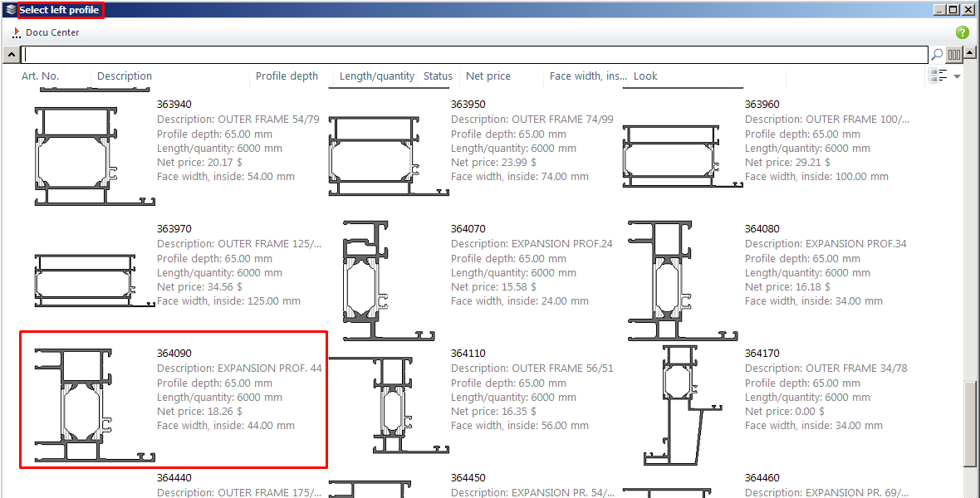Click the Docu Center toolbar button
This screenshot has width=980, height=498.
click(x=46, y=32)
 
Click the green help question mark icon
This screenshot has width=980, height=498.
click(x=962, y=32)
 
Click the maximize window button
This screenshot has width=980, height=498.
click(x=953, y=9)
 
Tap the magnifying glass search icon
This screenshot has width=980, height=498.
click(x=936, y=55)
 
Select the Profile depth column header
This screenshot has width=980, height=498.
click(x=287, y=76)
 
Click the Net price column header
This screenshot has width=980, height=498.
click(x=488, y=76)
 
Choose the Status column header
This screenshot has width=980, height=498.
click(x=438, y=76)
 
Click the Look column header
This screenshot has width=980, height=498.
click(x=645, y=76)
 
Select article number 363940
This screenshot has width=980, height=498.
click(x=174, y=105)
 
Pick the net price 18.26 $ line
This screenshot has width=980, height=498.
click(x=199, y=412)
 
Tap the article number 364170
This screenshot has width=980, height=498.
click(x=762, y=354)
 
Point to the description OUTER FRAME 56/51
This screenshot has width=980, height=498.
click(x=532, y=369)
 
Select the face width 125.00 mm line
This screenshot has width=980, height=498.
click(x=228, y=301)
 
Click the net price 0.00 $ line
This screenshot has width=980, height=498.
click(x=784, y=412)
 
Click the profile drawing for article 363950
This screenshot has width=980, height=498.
click(x=389, y=155)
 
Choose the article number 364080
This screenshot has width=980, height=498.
click(x=762, y=229)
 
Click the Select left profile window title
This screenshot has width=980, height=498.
click(x=59, y=10)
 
